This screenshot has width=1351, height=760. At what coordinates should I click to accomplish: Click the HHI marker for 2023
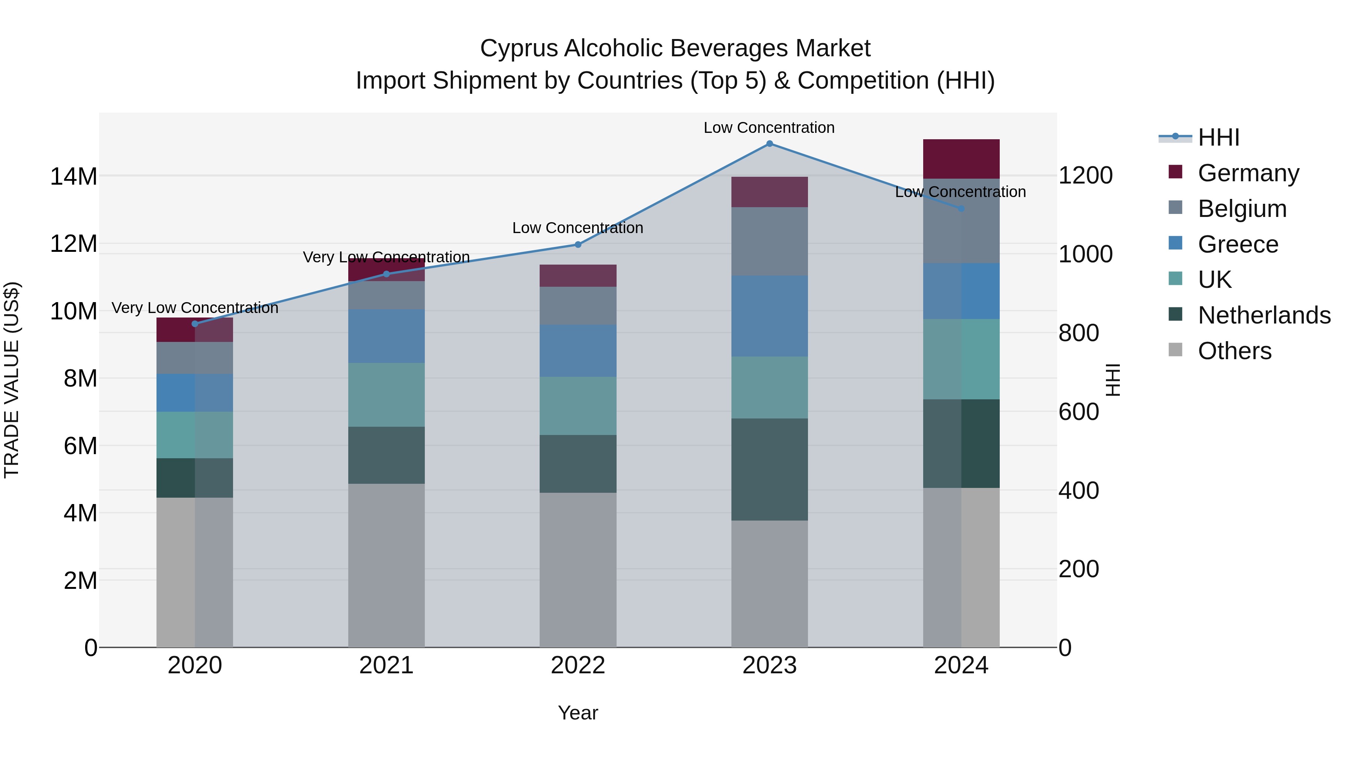coord(769,144)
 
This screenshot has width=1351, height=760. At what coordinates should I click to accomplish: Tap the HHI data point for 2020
coord(195,324)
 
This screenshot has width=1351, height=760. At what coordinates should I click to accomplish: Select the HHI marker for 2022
coord(578,244)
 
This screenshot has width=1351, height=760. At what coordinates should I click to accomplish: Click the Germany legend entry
coord(1248,173)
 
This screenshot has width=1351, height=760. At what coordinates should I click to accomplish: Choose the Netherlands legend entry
coord(1264,315)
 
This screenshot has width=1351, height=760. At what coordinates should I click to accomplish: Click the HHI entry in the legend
coord(1218,137)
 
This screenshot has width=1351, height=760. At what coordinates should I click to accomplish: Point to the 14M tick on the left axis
coord(74,176)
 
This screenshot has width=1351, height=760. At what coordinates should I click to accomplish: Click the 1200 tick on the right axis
coord(1085,175)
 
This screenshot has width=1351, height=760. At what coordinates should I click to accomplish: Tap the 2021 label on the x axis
coord(386,665)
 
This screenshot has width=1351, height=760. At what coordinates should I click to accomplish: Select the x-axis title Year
coord(578,713)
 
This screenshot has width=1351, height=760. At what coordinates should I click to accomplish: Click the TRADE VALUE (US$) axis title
coord(12,380)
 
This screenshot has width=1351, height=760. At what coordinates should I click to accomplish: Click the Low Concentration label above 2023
coord(769,128)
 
